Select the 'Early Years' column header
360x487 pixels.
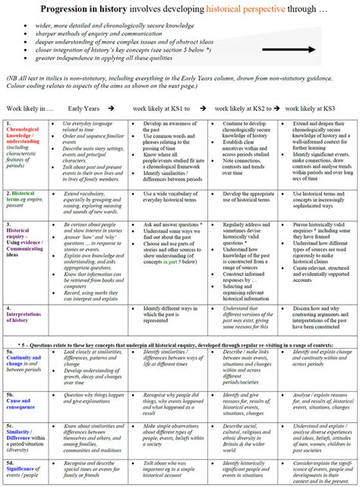click(x=84, y=109)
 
